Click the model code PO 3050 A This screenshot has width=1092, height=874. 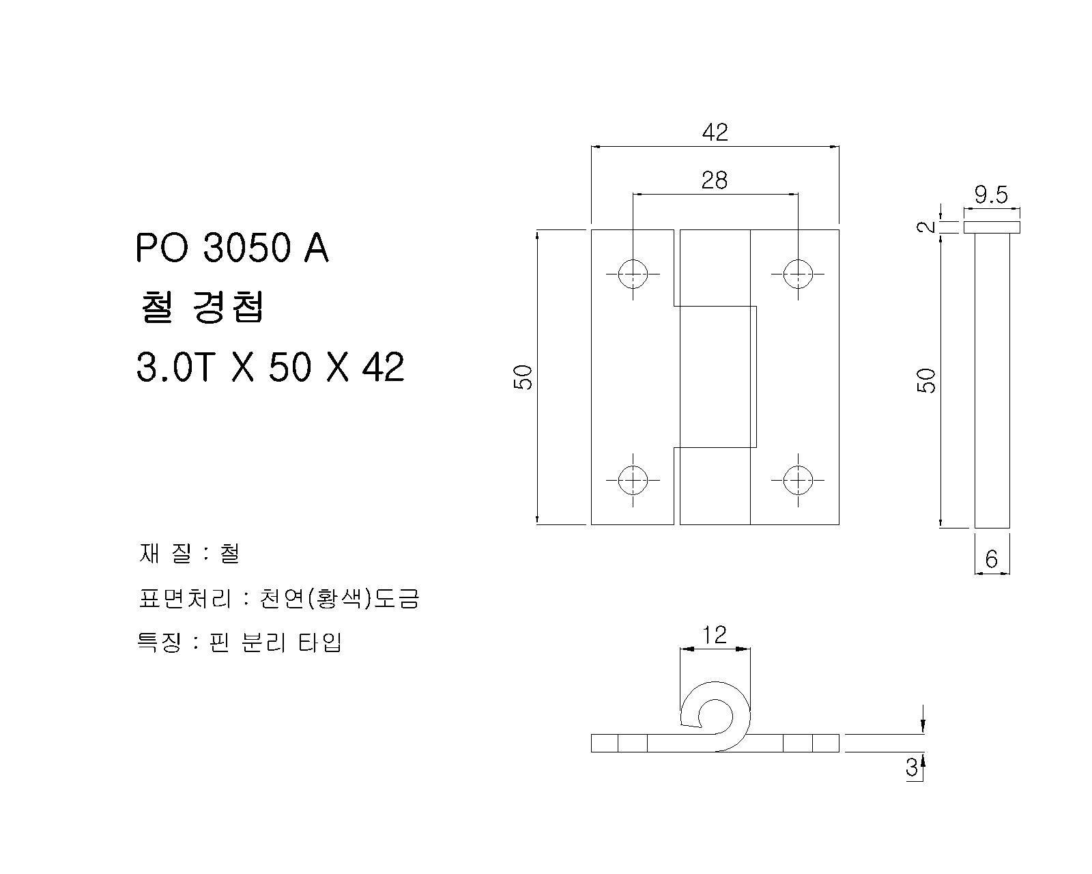(x=233, y=249)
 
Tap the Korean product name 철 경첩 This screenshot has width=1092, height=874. (x=201, y=308)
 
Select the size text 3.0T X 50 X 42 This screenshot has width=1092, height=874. (x=270, y=367)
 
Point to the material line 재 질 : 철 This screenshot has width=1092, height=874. (x=189, y=554)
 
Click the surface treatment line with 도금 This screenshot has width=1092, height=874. (x=278, y=598)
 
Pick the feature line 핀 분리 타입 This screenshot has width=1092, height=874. (x=240, y=643)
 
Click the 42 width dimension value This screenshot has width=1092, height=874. (x=715, y=132)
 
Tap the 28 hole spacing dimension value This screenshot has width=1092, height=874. (x=715, y=180)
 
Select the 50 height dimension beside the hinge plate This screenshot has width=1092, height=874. (x=523, y=378)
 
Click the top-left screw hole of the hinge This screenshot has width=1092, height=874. (x=633, y=274)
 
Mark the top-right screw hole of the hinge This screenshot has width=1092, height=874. (x=798, y=274)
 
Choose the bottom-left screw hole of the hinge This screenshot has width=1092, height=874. (x=633, y=480)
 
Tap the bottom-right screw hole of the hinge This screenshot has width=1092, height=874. (x=798, y=480)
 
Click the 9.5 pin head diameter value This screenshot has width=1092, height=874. (x=991, y=195)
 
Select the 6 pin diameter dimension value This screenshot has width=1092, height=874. (x=991, y=559)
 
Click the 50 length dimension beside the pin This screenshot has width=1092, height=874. (x=926, y=380)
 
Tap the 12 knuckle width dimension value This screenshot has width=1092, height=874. (x=715, y=635)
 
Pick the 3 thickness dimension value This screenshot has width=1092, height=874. (x=912, y=767)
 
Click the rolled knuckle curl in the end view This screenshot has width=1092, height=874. (x=715, y=716)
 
